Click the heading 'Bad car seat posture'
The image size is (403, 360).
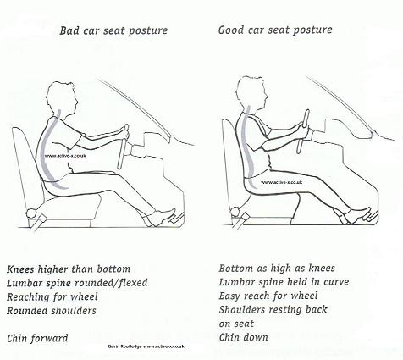(113, 31)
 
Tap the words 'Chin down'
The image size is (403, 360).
(245, 337)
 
